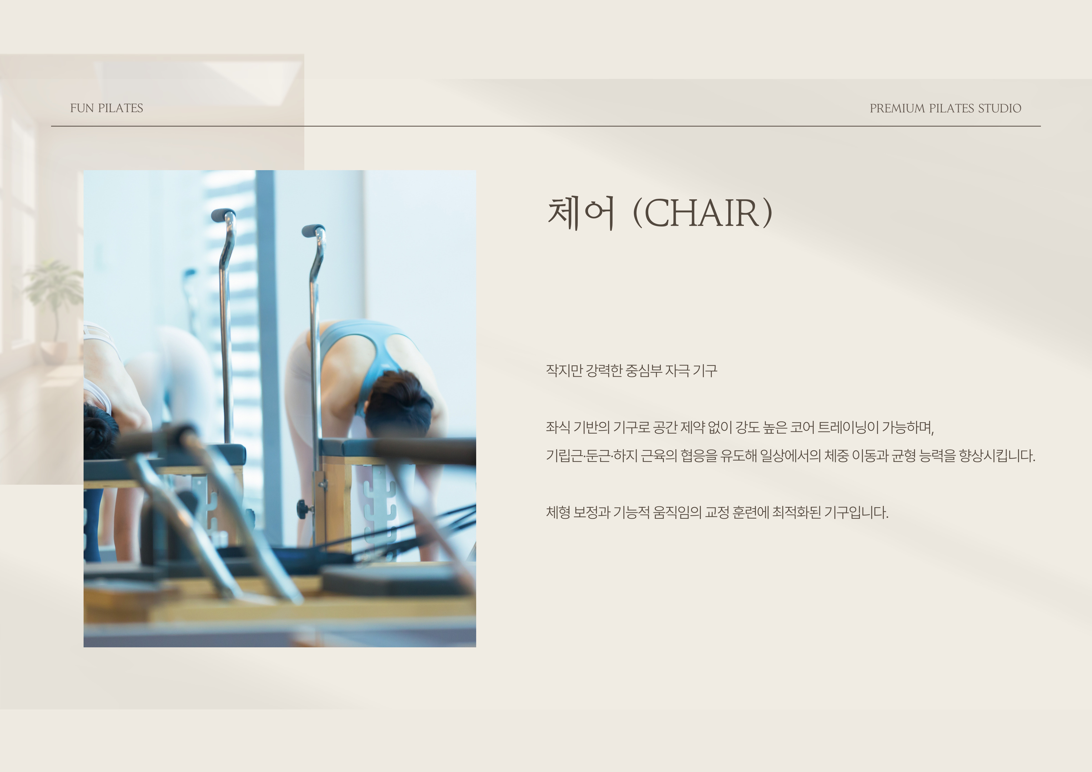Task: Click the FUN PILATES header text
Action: point(107,109)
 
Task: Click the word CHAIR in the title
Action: point(702,213)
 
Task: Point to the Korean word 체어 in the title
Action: point(581,213)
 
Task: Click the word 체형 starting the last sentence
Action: point(558,512)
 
